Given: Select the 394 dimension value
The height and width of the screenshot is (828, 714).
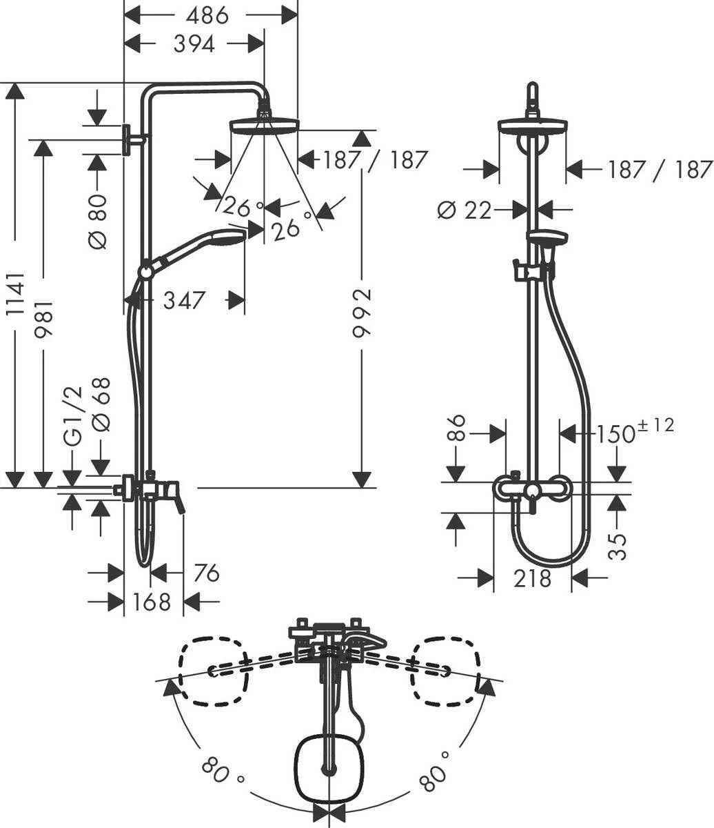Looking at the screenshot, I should tap(194, 43).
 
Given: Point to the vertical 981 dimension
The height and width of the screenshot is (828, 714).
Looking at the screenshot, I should tap(45, 322).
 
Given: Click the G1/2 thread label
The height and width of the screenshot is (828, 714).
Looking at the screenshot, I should tap(73, 416).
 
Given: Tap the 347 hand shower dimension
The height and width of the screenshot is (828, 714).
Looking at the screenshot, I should tap(185, 300).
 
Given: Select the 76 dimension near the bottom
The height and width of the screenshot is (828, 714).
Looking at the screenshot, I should tap(205, 573).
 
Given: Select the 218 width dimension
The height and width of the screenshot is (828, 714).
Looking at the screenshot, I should tap(532, 578).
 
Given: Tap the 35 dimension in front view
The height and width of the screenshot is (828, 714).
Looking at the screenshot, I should tap(619, 545).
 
